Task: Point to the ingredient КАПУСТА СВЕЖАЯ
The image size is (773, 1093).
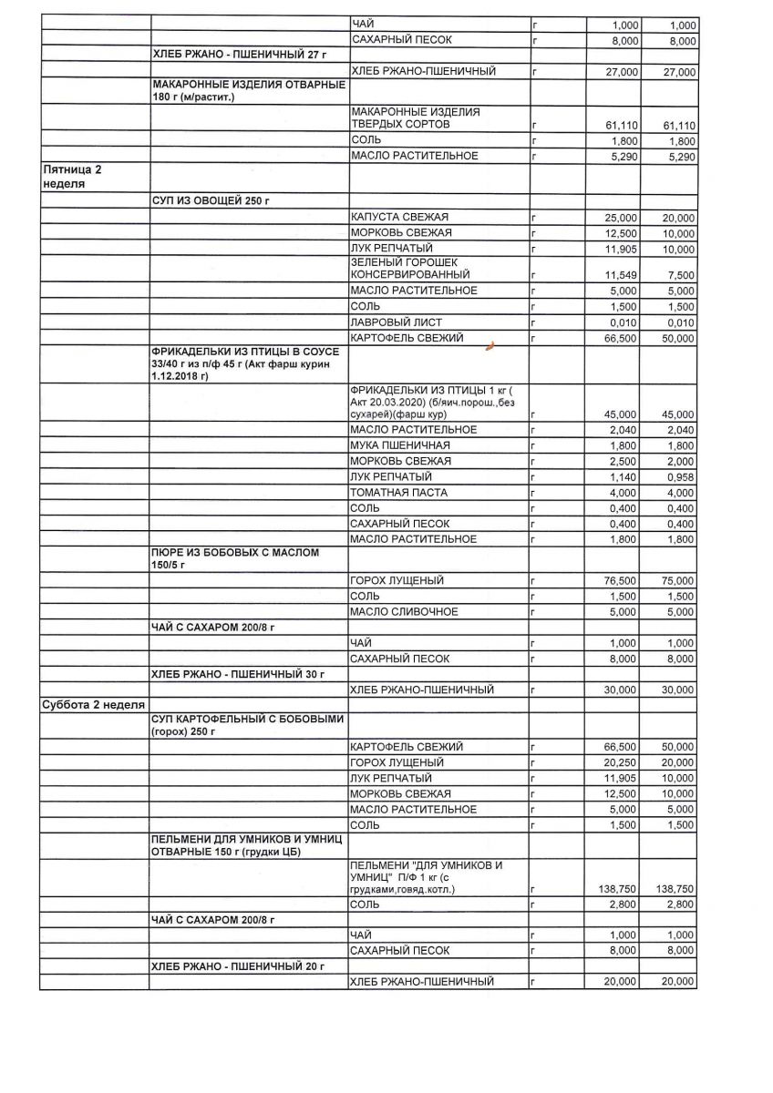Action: (x=399, y=218)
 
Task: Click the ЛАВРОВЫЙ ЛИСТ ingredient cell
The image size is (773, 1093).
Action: (x=391, y=322)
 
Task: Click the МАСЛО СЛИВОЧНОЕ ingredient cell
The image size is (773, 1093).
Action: (x=404, y=611)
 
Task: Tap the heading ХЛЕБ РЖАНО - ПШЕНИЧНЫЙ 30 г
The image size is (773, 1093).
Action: (x=239, y=674)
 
